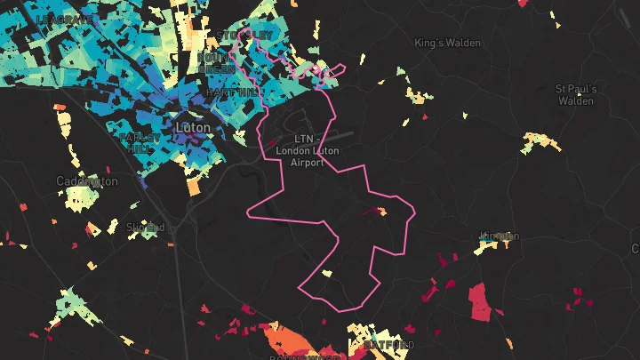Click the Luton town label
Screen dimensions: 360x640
194,128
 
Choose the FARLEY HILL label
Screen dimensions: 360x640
139,143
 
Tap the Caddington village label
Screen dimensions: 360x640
86,181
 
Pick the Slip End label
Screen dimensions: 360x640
146,228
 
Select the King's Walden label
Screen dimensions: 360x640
447,43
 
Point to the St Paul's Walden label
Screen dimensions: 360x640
576,94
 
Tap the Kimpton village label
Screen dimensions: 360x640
498,236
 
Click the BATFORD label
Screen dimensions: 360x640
388,345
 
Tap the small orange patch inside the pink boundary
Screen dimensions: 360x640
381,212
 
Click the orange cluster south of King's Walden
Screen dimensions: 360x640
414,96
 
